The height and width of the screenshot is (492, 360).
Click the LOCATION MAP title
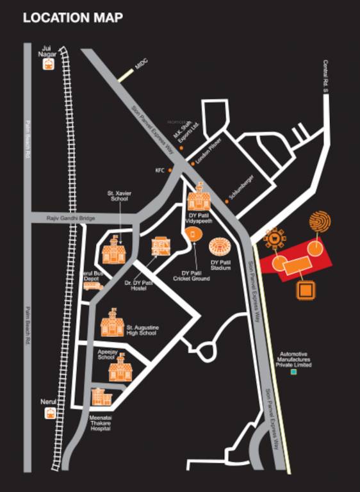pos(72,18)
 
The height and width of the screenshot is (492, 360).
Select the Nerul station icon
pos(49,413)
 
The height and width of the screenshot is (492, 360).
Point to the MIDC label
pos(141,65)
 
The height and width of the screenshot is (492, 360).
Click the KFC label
pos(160,170)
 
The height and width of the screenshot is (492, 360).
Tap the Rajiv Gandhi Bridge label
pos(70,219)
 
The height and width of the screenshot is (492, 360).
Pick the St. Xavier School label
pos(120,195)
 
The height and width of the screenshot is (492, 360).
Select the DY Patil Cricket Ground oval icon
pos(194,236)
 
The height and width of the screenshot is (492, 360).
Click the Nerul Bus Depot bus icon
pos(92,286)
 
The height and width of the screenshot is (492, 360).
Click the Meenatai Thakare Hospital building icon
pos(101,398)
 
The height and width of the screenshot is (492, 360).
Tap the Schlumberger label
pos(241,186)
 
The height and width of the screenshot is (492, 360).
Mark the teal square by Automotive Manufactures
pos(294,372)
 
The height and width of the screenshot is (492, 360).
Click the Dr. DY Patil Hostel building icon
pos(160,249)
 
